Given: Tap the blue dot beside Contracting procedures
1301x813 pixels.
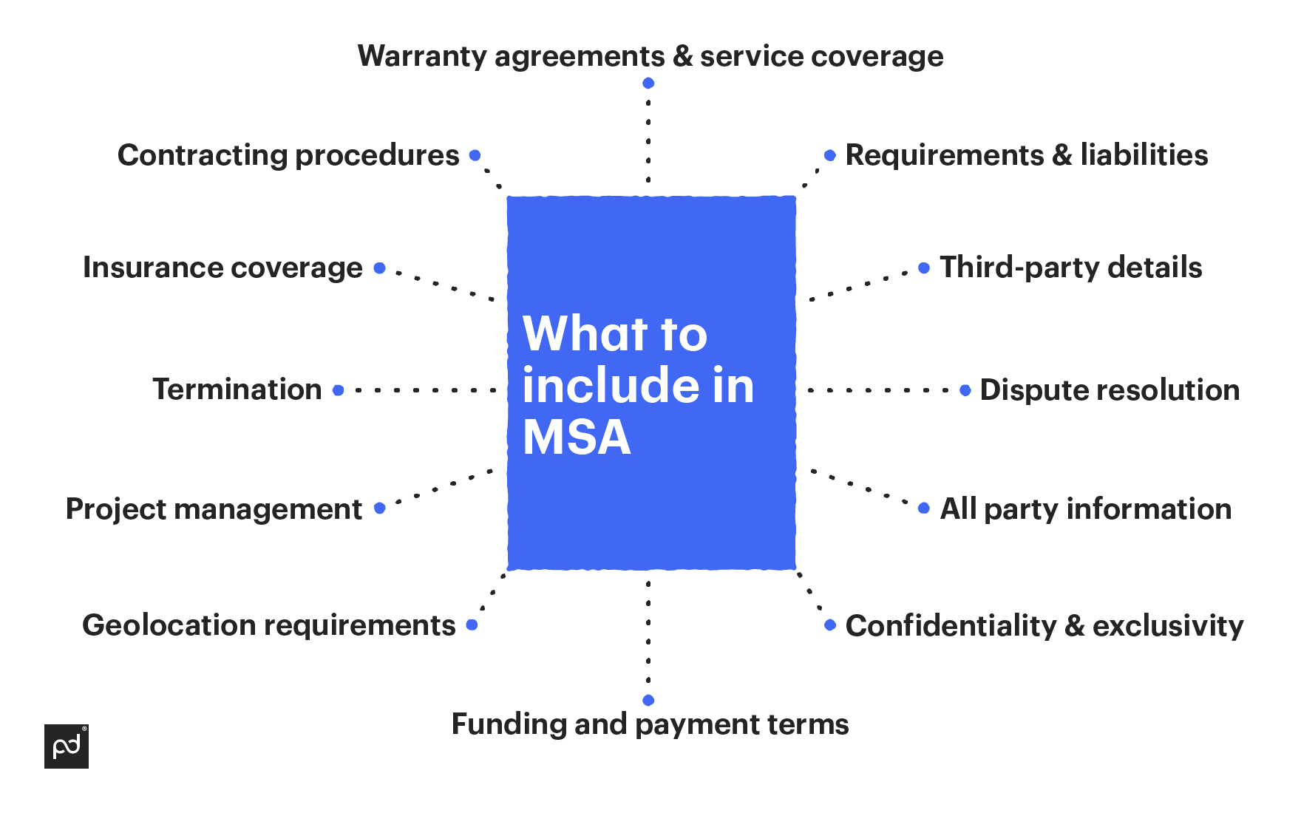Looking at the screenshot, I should tap(475, 155).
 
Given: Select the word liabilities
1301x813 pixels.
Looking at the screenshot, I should tap(1144, 155).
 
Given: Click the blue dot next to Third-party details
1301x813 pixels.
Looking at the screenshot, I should tap(924, 268).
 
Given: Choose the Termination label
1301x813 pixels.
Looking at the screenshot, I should tap(237, 390).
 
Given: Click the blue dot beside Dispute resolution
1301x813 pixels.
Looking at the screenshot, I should tap(965, 390).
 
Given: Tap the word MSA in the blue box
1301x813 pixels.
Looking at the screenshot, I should tap(577, 437).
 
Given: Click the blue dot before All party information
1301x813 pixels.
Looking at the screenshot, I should tap(924, 508).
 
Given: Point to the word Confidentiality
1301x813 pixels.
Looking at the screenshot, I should tap(951, 626).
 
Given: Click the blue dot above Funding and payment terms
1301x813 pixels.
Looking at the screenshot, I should tap(648, 700).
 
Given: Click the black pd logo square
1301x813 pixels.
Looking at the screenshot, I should tap(67, 746).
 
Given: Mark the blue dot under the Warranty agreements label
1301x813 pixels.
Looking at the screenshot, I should tap(648, 84).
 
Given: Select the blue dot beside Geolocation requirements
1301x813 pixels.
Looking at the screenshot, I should tap(472, 625).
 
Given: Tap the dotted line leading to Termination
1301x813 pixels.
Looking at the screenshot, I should tap(425, 390).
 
